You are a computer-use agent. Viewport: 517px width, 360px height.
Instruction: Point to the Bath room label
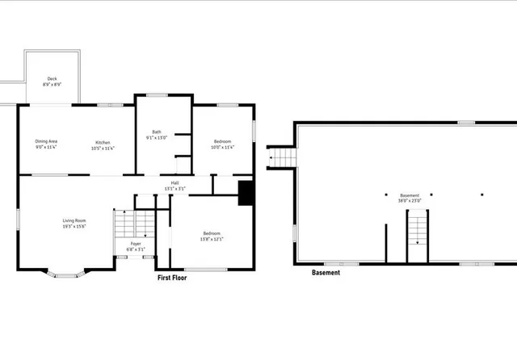[x=156, y=135]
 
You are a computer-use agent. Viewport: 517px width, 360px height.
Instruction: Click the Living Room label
[x=74, y=224]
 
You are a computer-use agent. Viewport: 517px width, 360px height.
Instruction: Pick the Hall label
[x=174, y=185]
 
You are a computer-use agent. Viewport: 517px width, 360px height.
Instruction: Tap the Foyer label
[x=136, y=245]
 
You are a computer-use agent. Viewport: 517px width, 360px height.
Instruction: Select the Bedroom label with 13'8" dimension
[x=212, y=236]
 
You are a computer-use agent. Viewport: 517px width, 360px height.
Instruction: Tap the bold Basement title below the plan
[x=326, y=273]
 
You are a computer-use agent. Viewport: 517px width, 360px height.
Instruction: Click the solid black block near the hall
[x=246, y=193]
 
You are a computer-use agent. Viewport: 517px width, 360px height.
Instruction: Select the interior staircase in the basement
[x=416, y=228]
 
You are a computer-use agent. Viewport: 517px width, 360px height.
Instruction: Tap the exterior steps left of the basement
[x=280, y=157]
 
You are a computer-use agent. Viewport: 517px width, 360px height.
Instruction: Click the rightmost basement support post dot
[x=482, y=195]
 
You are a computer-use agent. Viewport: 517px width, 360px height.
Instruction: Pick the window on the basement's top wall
[x=466, y=123]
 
